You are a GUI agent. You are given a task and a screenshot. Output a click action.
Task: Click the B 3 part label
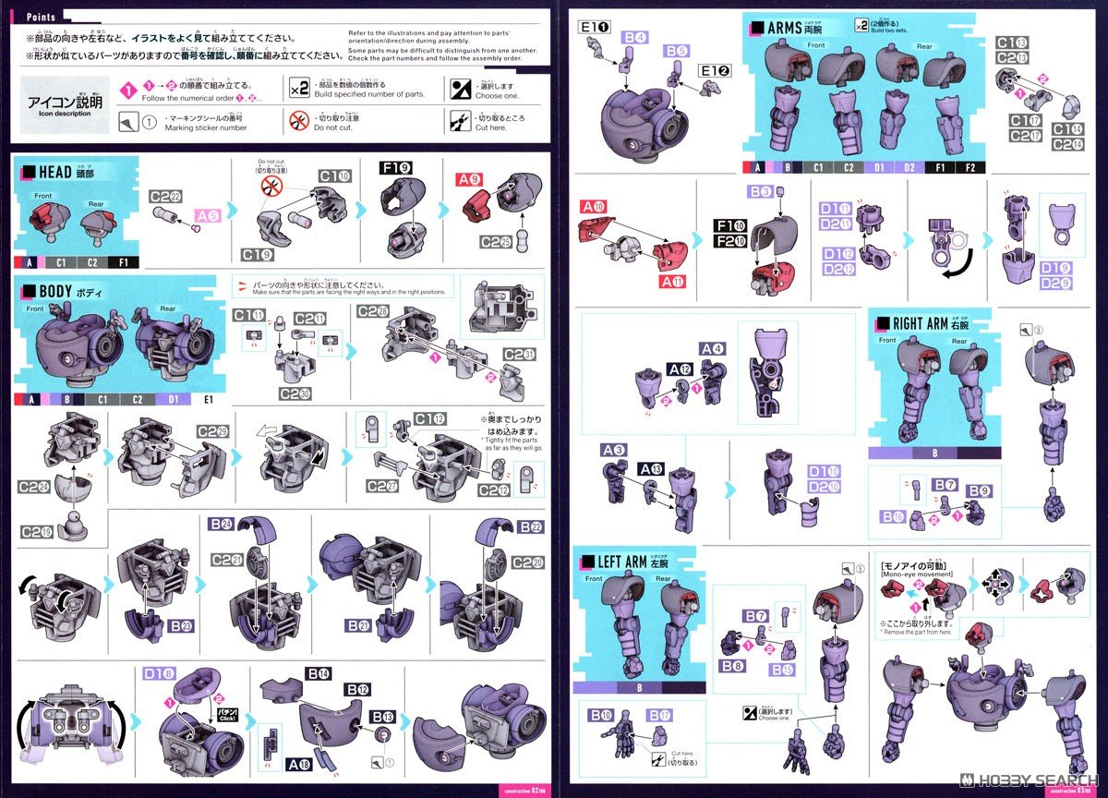761,192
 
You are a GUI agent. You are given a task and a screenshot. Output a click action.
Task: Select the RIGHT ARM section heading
920,323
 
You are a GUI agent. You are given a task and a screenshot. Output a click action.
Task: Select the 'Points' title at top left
42,17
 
